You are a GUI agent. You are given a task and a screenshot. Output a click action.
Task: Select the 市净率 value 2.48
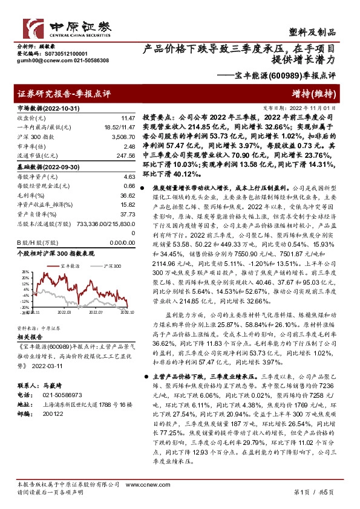click(128, 147)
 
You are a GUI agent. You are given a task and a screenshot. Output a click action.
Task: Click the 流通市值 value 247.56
click(125, 156)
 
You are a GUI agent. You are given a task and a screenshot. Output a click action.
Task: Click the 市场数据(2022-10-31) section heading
click(47, 108)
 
